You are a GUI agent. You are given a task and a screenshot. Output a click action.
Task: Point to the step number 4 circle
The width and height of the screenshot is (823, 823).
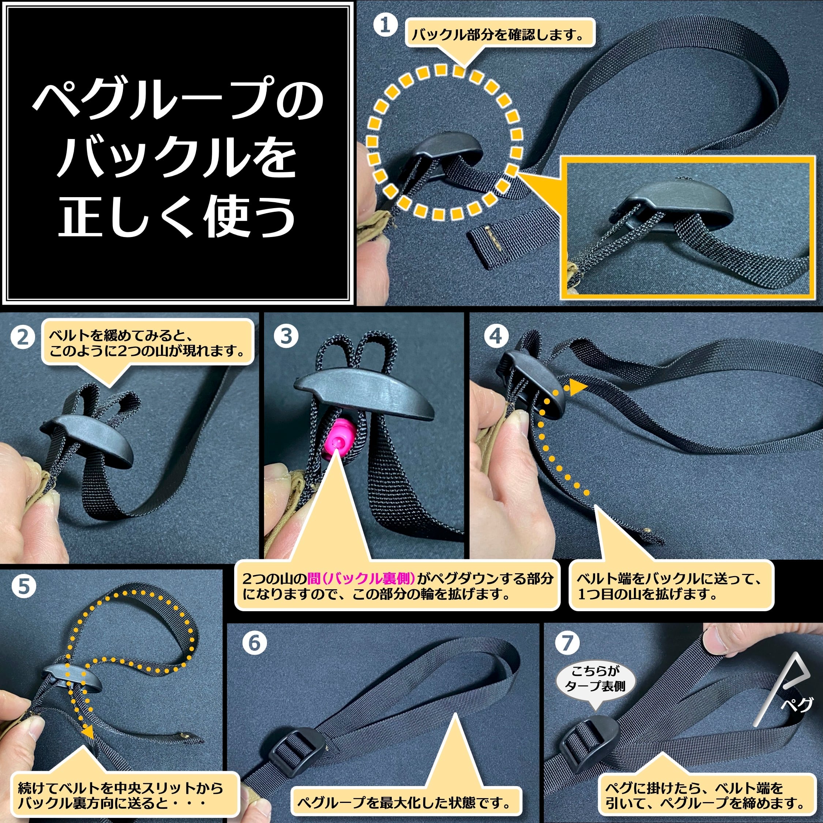click(x=495, y=336)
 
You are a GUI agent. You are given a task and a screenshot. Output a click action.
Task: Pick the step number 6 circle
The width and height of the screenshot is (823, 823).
click(x=254, y=643)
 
